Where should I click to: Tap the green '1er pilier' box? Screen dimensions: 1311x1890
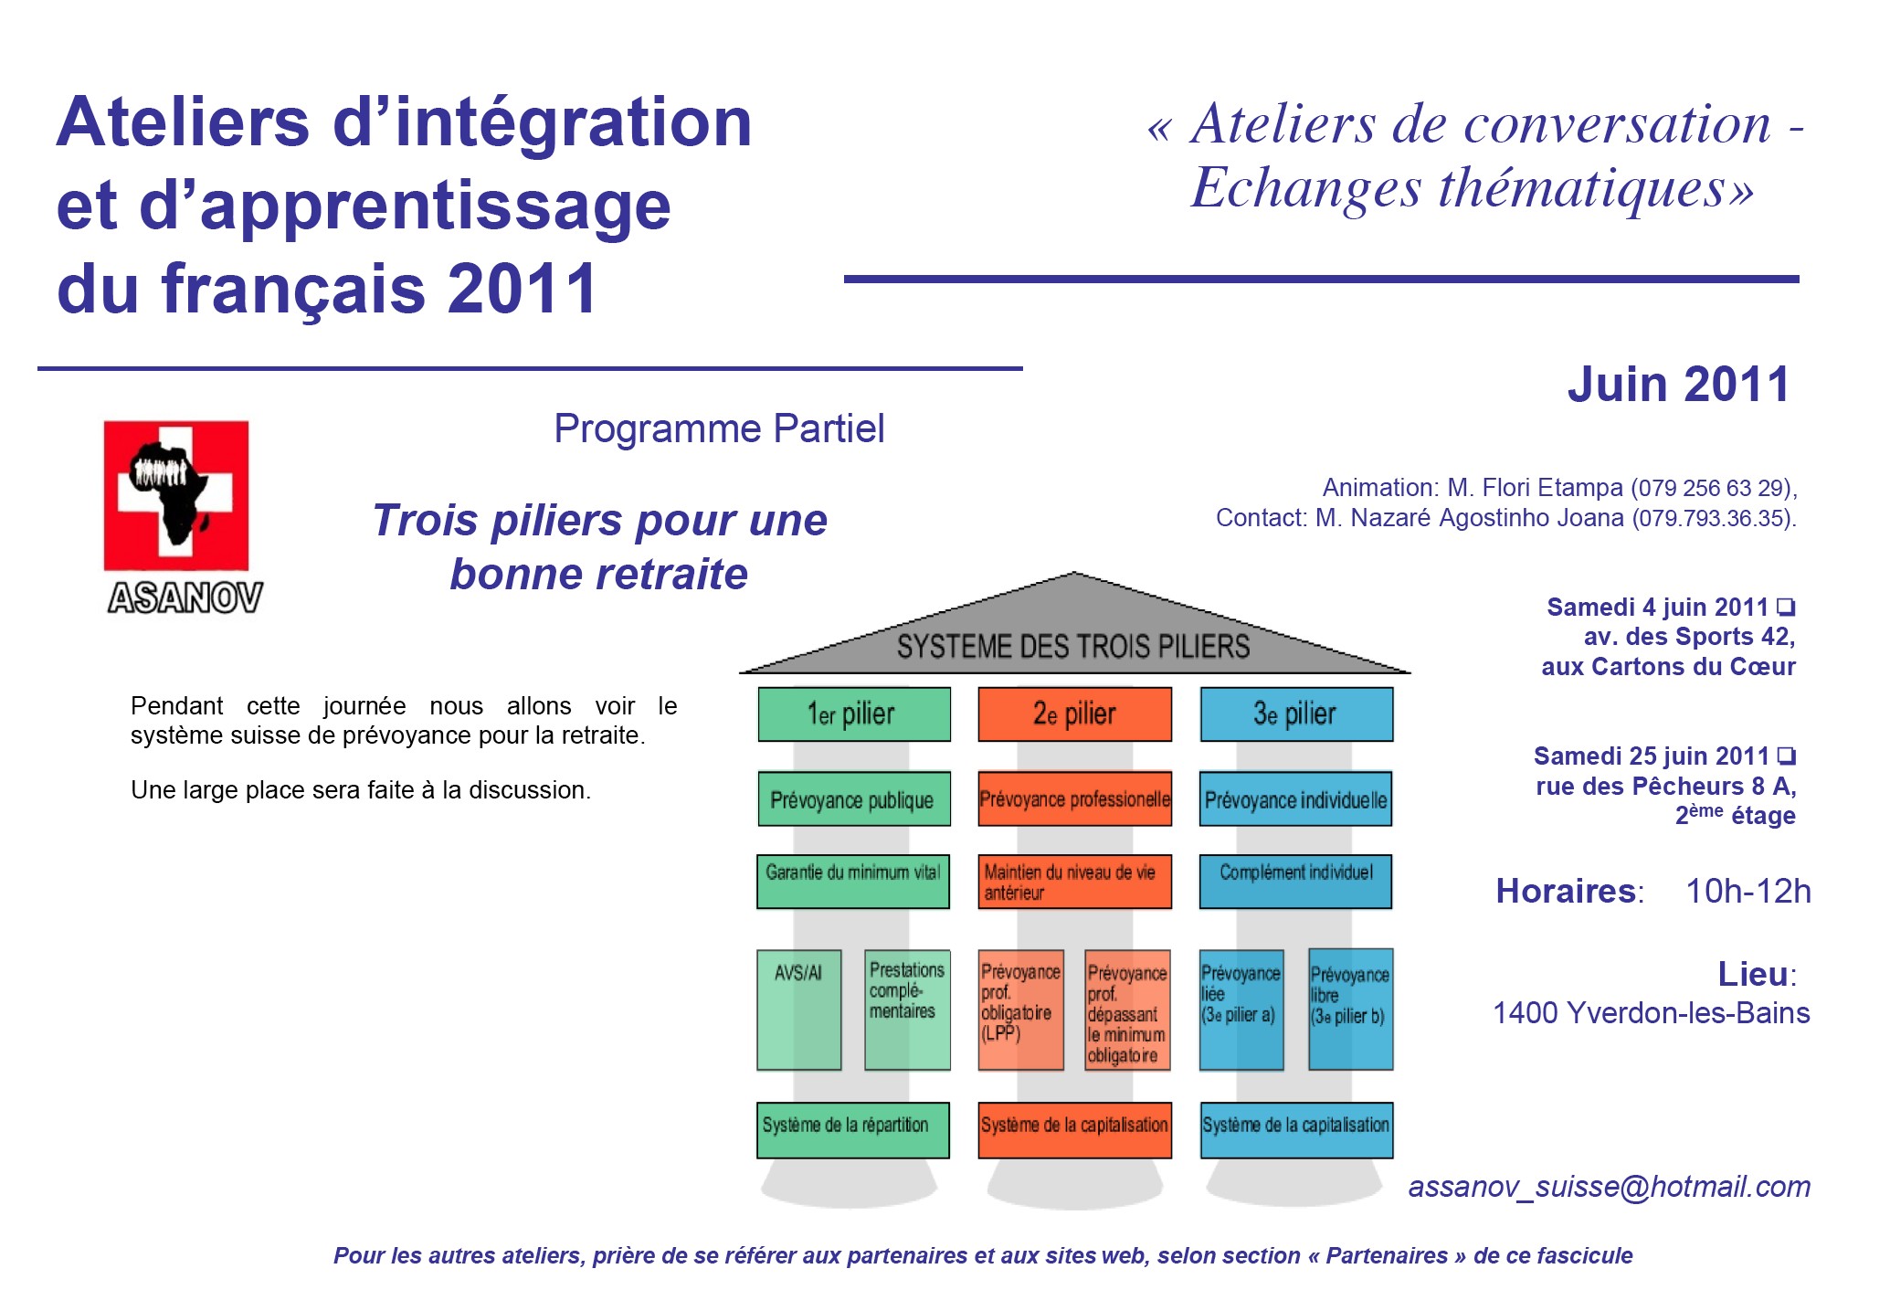pos(853,714)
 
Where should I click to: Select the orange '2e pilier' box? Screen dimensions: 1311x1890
pos(1074,714)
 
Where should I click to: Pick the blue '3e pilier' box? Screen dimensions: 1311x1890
pos(1295,714)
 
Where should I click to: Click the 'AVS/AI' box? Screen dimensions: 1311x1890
pos(798,1010)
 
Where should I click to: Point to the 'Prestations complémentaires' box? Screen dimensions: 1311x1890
pos(907,1010)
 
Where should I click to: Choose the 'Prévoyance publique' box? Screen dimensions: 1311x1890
pos(853,799)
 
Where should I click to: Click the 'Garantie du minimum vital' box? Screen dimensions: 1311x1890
pos(853,881)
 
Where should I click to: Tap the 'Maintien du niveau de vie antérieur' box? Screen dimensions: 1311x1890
pos(1074,882)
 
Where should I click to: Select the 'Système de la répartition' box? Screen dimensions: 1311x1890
pos(852,1129)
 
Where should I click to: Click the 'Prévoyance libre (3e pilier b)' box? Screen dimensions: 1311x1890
pos(1350,1010)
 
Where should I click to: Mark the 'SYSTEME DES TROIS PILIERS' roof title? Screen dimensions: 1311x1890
pos(1073,647)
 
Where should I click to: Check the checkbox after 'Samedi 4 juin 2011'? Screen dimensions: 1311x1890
pos(1786,607)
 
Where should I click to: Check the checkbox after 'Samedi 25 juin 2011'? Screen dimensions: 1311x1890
pos(1787,756)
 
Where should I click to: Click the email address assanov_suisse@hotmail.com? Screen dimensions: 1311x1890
pos(1609,1187)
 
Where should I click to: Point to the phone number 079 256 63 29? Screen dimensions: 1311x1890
pos(1712,488)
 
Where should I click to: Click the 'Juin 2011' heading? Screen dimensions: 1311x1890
pos(1678,385)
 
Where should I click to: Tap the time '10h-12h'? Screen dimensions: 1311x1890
pos(1747,891)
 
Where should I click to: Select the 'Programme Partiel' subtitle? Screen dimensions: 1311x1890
pos(719,428)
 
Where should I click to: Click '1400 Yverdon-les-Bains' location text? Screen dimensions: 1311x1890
pos(1651,1013)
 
